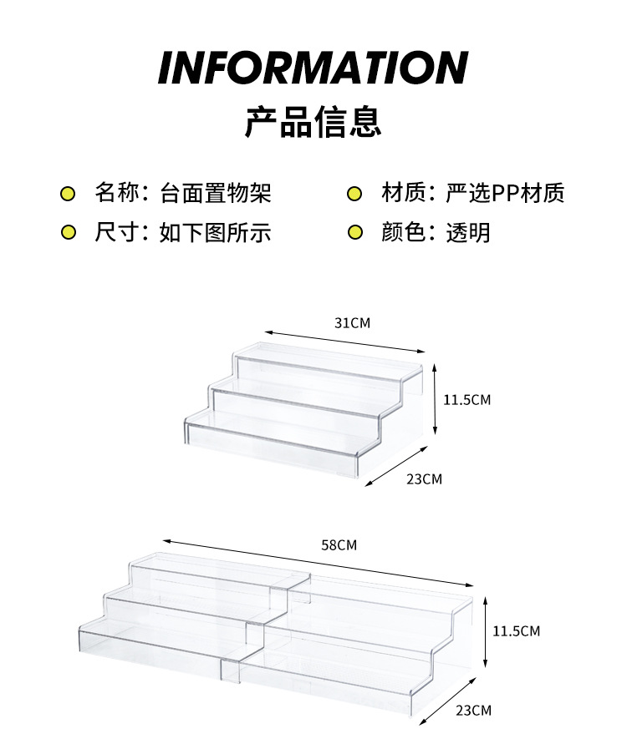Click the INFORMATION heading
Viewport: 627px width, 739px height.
[x=313, y=68]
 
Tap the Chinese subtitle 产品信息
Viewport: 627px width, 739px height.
[x=313, y=121]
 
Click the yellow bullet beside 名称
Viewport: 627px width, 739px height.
[x=69, y=195]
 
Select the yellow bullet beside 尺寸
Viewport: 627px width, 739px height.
[x=69, y=233]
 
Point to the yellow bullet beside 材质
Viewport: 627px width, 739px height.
[x=354, y=195]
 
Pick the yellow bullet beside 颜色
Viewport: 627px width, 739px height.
[x=354, y=233]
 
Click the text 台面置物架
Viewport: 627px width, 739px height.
[x=216, y=194]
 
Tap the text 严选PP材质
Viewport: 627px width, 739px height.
[x=505, y=194]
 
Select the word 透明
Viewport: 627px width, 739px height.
[x=468, y=232]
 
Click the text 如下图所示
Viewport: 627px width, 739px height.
[x=216, y=232]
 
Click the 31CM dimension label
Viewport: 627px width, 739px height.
[x=352, y=322]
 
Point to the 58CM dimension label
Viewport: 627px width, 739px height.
[x=339, y=545]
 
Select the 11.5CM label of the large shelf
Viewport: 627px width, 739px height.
[x=516, y=630]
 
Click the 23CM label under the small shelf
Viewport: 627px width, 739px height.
[x=424, y=478]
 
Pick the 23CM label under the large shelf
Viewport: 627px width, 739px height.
[x=473, y=711]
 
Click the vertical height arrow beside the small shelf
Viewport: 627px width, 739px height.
[x=436, y=398]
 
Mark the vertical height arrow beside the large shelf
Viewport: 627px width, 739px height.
[x=486, y=630]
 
